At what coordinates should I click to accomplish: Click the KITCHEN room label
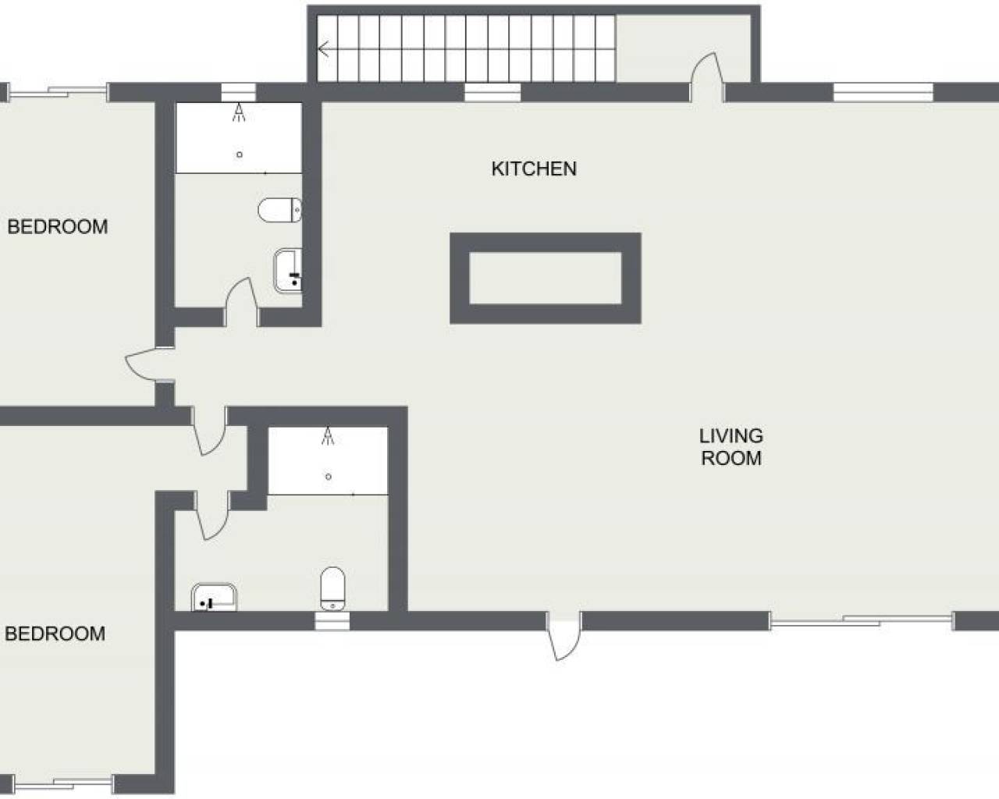[534, 169]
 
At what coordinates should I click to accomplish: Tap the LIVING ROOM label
[731, 447]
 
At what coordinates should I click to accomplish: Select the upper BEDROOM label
[58, 226]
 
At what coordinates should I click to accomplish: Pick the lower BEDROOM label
[55, 634]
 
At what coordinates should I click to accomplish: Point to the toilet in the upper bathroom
[280, 210]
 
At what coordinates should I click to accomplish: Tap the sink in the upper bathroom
[288, 271]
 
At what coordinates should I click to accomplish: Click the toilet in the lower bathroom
[332, 588]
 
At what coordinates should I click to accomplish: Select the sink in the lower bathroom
[214, 598]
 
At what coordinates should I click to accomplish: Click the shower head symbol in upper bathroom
[239, 112]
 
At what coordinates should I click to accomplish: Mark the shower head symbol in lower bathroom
[329, 436]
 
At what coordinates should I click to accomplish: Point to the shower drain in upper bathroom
[240, 154]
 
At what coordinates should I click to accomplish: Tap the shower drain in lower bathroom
[329, 477]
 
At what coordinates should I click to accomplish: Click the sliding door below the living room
[861, 621]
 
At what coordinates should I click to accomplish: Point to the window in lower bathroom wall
[332, 621]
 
